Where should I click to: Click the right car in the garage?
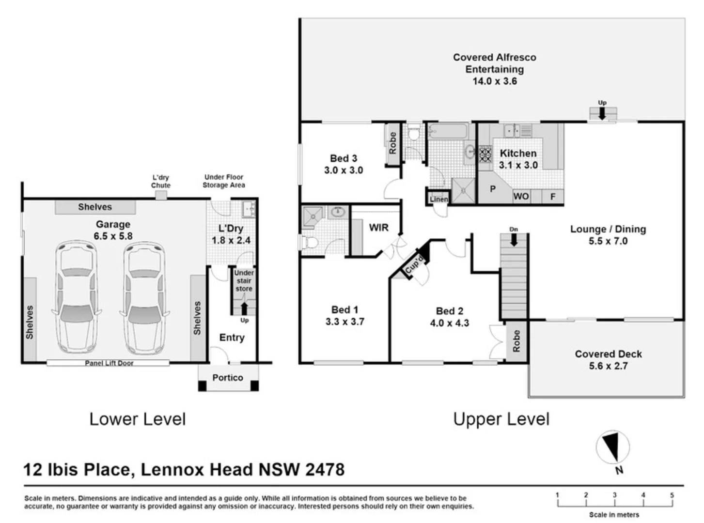click(144, 297)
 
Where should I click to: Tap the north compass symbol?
click(613, 447)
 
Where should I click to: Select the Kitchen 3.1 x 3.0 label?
click(518, 159)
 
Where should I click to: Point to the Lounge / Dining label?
click(608, 229)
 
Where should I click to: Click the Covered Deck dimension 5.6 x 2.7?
click(608, 366)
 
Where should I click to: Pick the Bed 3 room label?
click(343, 158)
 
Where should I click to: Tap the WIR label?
click(378, 228)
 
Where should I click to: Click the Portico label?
click(228, 378)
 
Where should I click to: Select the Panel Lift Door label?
click(109, 363)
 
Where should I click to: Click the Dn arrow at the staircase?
click(514, 239)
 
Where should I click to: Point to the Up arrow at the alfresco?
click(602, 113)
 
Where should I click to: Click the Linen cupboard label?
click(439, 199)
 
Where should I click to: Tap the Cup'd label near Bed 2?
click(415, 265)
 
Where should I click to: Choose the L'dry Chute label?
click(160, 181)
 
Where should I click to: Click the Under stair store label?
click(244, 281)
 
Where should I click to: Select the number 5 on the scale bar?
click(672, 495)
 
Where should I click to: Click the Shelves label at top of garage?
click(95, 207)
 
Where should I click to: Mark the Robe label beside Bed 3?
click(393, 143)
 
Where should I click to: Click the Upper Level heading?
click(501, 419)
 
